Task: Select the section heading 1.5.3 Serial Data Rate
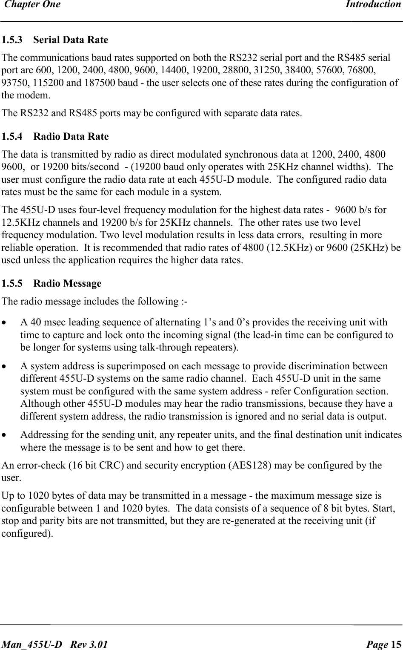pyautogui.click(x=55, y=40)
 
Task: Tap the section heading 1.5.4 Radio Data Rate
pyautogui.click(x=55, y=137)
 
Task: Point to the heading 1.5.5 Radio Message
pyautogui.click(x=51, y=284)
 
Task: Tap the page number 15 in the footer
pyautogui.click(x=396, y=644)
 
